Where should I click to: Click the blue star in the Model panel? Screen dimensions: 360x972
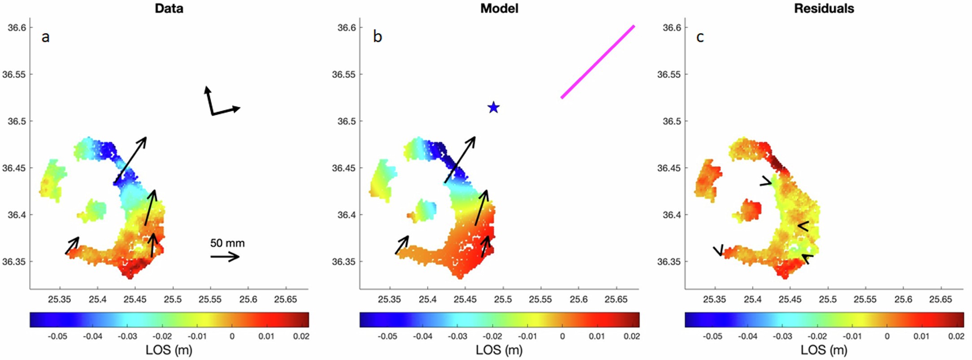[493, 108]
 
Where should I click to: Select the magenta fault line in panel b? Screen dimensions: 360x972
[598, 62]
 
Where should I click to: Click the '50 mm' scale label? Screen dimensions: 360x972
[227, 243]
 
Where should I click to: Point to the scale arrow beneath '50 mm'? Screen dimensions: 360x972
[225, 256]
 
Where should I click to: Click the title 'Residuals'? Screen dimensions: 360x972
[824, 8]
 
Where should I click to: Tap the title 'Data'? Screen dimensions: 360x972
[169, 8]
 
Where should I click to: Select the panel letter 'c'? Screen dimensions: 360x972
[700, 37]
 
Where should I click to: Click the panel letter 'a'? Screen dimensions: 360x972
[45, 37]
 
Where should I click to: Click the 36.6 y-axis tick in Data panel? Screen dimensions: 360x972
[17, 27]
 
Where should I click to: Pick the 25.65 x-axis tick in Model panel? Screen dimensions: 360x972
[616, 299]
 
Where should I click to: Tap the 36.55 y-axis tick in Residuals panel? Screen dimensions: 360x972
[668, 74]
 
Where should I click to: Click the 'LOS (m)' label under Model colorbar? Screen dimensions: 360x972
[499, 350]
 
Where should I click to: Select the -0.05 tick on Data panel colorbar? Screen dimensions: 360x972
[58, 336]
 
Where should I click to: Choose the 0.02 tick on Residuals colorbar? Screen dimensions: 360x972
[956, 336]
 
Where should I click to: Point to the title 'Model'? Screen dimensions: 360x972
[499, 8]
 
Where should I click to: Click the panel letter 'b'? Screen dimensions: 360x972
[378, 37]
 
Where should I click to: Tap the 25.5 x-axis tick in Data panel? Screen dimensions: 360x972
[173, 299]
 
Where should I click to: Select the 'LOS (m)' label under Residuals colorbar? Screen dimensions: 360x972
[824, 350]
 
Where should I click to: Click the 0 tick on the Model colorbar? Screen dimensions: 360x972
[562, 336]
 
